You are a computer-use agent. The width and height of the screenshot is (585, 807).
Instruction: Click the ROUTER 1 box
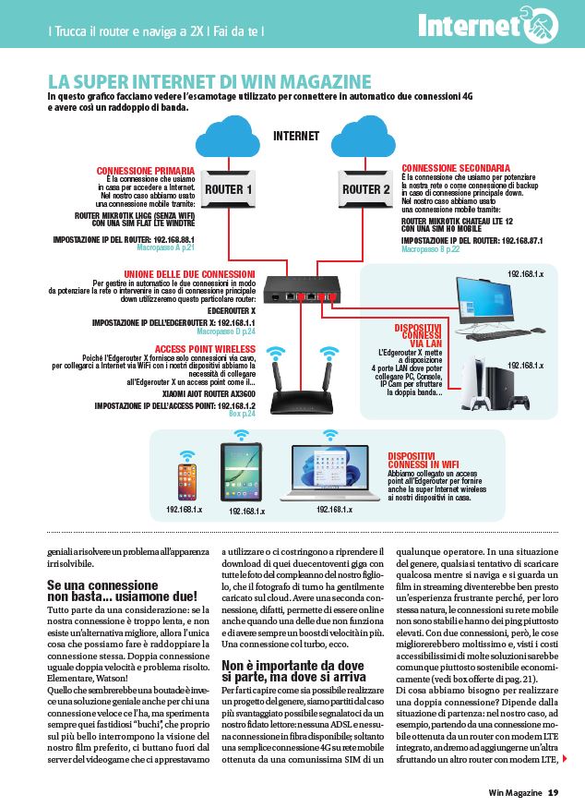point(228,190)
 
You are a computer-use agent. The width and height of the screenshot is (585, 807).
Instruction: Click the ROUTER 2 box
point(365,190)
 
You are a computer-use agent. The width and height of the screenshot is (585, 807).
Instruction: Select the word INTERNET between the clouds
point(296,137)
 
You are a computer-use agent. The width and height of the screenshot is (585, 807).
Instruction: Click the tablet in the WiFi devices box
point(244,472)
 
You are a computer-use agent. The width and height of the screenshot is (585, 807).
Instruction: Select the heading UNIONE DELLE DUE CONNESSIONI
point(189,274)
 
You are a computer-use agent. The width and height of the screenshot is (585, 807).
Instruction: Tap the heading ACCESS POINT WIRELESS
point(205,349)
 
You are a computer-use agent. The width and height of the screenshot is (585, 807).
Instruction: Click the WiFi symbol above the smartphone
point(187,455)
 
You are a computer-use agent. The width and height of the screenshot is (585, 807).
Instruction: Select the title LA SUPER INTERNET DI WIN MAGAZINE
point(209,81)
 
